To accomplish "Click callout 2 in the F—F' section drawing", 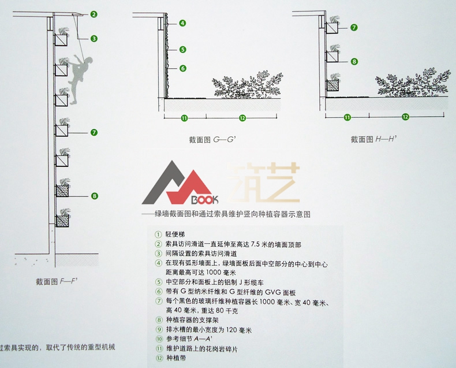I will coord(94,14).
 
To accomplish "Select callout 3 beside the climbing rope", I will coord(94,39).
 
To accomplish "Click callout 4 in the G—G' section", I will coord(182,23).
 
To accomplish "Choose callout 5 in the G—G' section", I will coord(182,50).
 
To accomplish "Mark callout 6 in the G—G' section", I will coord(182,68).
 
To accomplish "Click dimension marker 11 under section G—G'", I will coord(185,118).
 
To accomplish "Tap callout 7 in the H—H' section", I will coord(354,27).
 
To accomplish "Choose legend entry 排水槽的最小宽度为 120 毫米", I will coord(204,330).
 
